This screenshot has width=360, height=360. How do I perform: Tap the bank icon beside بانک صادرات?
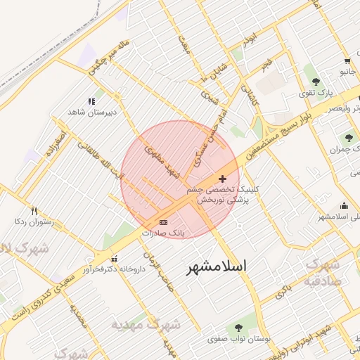click(164, 222)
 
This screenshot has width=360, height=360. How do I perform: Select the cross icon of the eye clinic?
click(223, 179)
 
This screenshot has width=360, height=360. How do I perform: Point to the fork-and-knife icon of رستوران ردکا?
click(34, 211)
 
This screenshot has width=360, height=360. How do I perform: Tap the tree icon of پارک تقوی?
click(316, 82)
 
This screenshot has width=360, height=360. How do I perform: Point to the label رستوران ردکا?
click(34, 221)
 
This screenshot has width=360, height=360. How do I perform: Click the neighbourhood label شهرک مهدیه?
click(146, 325)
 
